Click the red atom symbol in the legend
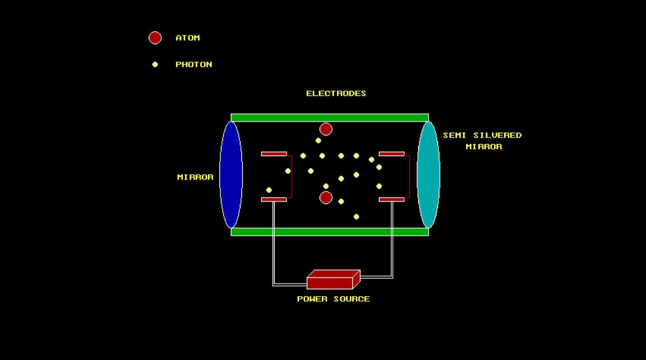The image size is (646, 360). (155, 38)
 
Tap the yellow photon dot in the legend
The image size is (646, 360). (155, 65)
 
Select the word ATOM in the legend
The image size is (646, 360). (187, 38)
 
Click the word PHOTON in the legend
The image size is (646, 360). (194, 65)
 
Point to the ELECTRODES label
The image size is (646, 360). (336, 93)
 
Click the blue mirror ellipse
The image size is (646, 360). (231, 175)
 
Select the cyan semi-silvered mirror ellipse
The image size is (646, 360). (428, 175)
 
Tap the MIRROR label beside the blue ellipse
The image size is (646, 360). (195, 177)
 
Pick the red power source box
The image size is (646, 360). (330, 283)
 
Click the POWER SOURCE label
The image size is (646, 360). (333, 299)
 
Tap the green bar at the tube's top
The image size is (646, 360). (330, 118)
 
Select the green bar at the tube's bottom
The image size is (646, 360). (330, 232)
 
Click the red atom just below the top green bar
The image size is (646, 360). (326, 129)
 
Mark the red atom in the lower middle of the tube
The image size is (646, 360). (326, 197)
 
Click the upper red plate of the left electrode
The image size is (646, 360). (274, 154)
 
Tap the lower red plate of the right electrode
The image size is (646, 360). (392, 200)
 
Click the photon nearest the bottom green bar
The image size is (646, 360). (356, 217)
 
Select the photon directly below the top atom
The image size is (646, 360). (318, 140)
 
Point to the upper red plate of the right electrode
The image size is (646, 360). (392, 154)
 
